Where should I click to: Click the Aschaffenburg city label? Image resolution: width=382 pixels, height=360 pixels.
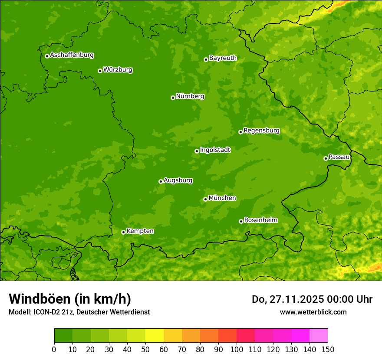[x=72, y=55]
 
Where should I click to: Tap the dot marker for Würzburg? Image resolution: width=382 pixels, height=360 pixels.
[x=100, y=71]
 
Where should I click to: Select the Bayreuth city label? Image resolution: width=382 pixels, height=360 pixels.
[x=223, y=58]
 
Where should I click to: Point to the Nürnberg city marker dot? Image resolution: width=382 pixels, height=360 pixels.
[x=173, y=98]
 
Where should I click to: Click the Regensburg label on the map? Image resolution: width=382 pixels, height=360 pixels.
[x=261, y=131]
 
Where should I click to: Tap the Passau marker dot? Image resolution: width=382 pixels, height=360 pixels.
[x=326, y=158]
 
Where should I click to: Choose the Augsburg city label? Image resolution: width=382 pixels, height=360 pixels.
[x=178, y=180]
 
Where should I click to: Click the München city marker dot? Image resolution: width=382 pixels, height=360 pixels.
[x=205, y=199]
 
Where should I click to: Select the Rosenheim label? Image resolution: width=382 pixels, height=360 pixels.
[x=260, y=220]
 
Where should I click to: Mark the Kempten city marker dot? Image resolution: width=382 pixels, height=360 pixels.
[x=123, y=232]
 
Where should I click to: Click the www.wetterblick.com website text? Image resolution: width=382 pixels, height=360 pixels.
[x=313, y=312]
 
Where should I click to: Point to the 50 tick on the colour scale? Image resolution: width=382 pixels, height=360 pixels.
[x=145, y=348]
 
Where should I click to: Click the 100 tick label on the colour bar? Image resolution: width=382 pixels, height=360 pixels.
[x=237, y=348]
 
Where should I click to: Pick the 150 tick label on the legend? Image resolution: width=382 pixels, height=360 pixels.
[x=328, y=348]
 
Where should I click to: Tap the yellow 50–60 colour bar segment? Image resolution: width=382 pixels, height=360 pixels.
[x=155, y=336]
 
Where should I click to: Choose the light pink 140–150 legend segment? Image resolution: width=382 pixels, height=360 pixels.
[x=319, y=336]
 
